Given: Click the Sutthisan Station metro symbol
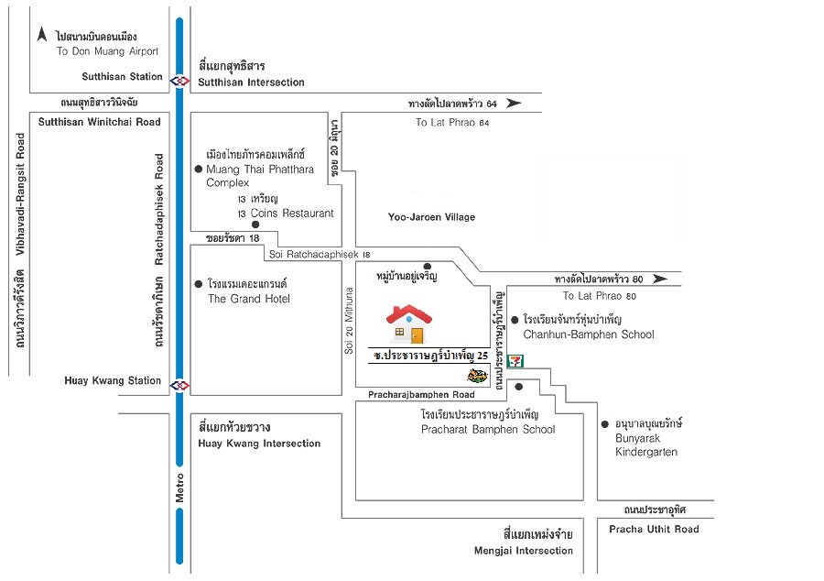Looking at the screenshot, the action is tap(179, 81).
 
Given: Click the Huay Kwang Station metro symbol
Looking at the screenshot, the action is tap(179, 386).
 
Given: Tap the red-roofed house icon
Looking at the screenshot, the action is tap(409, 323).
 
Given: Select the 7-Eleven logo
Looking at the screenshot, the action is tap(515, 361).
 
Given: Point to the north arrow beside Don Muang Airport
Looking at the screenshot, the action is tap(42, 35).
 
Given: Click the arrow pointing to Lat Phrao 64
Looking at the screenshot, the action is tap(514, 103).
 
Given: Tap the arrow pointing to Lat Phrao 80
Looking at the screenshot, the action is tap(660, 279).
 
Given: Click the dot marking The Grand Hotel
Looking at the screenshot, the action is tap(199, 284).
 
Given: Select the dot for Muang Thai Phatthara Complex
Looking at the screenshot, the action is tap(199, 169).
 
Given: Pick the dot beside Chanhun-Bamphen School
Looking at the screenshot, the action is tap(515, 320).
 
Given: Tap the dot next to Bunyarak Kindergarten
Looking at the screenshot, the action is tap(605, 423).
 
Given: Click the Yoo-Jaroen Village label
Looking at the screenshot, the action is tap(431, 217).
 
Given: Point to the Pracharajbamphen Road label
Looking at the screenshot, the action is tap(421, 394).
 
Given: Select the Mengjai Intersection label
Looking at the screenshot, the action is tap(524, 551).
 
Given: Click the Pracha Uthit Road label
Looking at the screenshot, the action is tap(654, 529).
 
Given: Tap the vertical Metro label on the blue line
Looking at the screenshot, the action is tap(179, 488).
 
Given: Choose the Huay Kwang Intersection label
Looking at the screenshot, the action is tap(259, 444).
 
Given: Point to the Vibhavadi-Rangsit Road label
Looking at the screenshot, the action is tap(20, 194).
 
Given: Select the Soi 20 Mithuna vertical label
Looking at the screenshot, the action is tap(349, 320).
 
